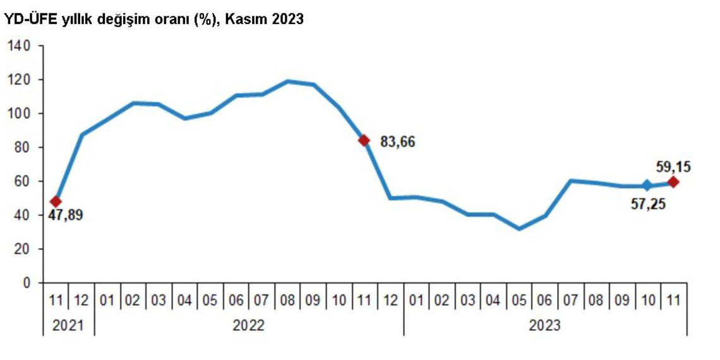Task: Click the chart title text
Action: point(154,20)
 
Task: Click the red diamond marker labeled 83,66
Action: point(363,140)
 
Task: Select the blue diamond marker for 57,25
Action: point(647,185)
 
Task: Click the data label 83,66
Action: point(397,141)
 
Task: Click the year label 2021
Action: point(68,325)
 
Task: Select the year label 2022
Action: point(248,325)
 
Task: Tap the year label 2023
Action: point(544,325)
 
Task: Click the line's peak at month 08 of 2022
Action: point(288,81)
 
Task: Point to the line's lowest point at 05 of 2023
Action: point(519,229)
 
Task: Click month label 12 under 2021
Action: point(81,301)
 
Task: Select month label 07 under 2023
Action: point(570,301)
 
